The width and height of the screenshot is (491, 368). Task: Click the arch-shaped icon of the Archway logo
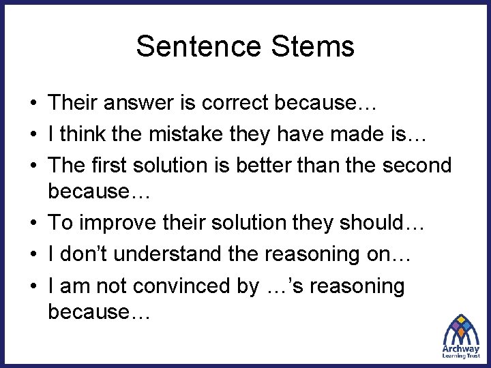461,328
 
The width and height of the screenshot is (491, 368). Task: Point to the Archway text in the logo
460,348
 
